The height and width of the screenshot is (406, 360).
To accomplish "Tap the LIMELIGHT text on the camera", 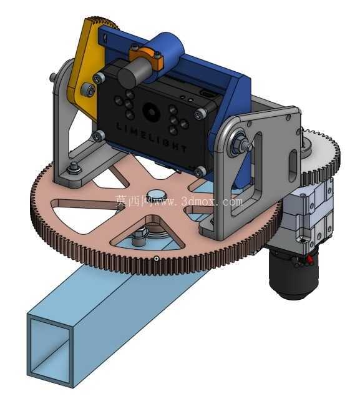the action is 151,138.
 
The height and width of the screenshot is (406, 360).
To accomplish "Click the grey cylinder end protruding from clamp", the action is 132,72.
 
